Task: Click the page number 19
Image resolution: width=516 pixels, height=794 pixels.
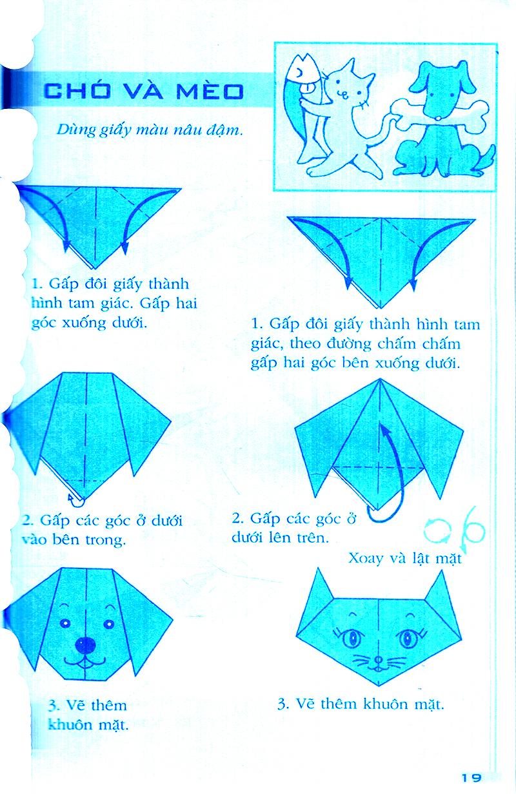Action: pyautogui.click(x=471, y=778)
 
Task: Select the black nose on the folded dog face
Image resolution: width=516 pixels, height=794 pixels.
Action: pyautogui.click(x=86, y=644)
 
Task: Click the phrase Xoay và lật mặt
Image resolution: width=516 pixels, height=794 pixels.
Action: pyautogui.click(x=405, y=558)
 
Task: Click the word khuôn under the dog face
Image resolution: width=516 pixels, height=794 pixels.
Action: pyautogui.click(x=75, y=724)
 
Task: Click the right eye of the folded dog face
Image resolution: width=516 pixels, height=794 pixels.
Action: pyautogui.click(x=108, y=623)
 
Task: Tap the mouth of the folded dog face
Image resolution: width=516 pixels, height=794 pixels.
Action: pyautogui.click(x=86, y=663)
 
